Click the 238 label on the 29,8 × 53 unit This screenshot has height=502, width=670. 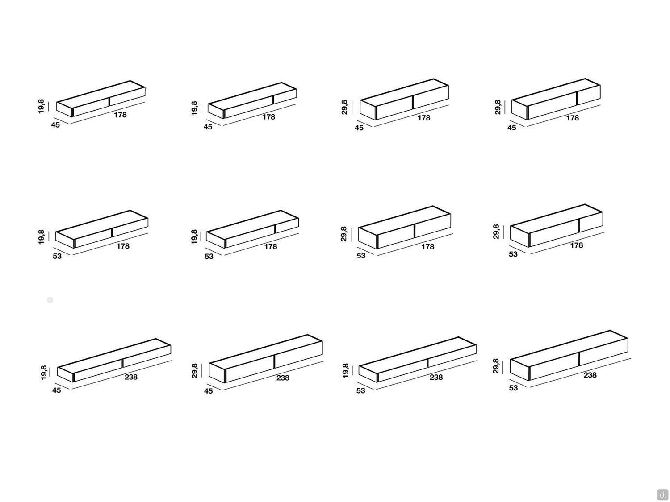[x=590, y=375]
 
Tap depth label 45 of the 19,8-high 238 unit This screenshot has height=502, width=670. [x=56, y=390]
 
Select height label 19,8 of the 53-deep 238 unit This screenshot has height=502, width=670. [x=345, y=371]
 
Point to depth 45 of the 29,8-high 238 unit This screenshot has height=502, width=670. [x=208, y=391]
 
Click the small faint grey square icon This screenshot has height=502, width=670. [x=50, y=300]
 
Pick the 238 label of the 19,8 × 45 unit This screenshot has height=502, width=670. [x=131, y=377]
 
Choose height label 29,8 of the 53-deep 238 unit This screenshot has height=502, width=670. [x=496, y=366]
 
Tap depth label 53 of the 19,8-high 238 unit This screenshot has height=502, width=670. [x=360, y=390]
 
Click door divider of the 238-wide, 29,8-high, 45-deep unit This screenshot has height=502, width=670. [x=274, y=361]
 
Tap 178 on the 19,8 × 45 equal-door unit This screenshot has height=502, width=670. [x=120, y=115]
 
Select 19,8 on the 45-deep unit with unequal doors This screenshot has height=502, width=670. [x=194, y=108]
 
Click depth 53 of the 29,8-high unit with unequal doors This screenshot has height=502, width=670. [x=513, y=254]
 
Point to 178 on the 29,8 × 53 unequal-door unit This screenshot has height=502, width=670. [x=577, y=245]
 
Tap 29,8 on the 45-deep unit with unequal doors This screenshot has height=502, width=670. [x=498, y=107]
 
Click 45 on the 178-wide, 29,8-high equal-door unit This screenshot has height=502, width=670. [x=359, y=128]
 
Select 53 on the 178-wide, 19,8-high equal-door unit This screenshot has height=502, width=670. [x=57, y=256]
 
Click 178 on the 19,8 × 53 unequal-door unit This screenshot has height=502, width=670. [x=271, y=246]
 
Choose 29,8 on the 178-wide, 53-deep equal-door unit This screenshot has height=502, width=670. [x=343, y=234]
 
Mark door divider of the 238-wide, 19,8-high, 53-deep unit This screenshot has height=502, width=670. [x=427, y=363]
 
